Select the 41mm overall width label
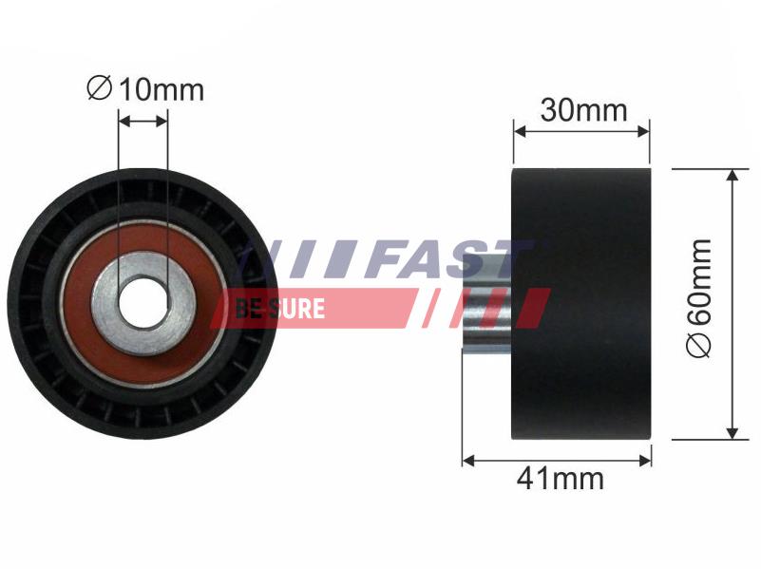click(560, 479)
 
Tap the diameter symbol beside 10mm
click(98, 89)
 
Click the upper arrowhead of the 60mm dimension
click(732, 177)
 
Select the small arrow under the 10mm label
click(143, 121)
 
